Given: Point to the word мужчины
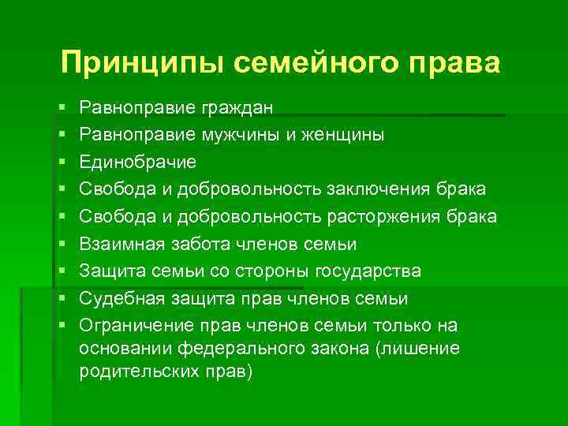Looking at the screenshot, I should (x=236, y=135).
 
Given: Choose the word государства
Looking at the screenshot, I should (x=368, y=271).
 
